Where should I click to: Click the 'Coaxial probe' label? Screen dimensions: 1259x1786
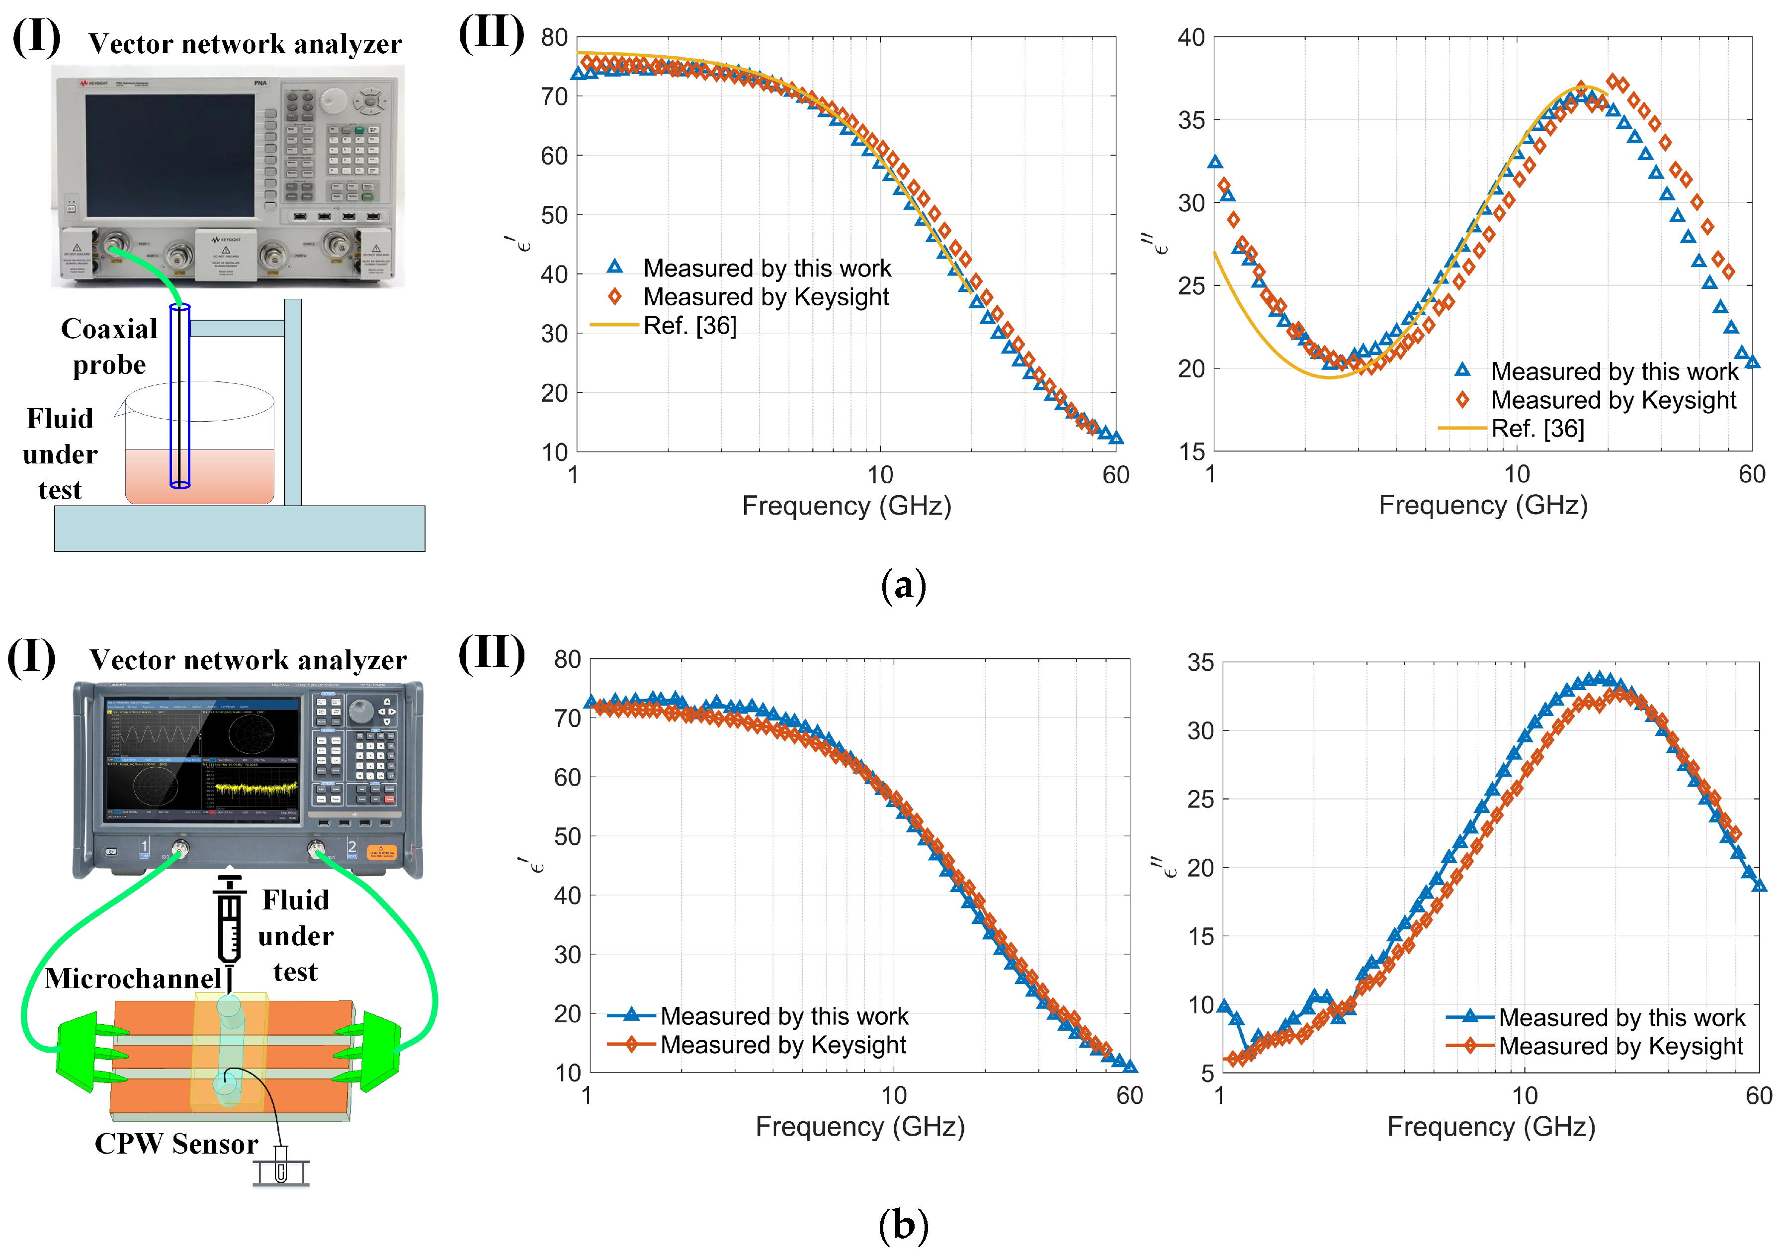[x=109, y=346]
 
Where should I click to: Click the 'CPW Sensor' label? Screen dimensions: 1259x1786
[x=176, y=1143]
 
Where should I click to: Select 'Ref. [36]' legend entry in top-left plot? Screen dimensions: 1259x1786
[x=689, y=325]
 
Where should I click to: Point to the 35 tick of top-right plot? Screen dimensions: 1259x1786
[x=1191, y=121]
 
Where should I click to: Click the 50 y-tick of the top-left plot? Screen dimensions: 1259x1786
[x=554, y=215]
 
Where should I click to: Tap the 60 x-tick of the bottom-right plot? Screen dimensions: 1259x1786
[x=1759, y=1095]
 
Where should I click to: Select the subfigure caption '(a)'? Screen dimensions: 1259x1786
[x=903, y=585]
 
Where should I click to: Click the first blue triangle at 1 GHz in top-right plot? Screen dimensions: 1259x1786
[x=1214, y=162]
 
